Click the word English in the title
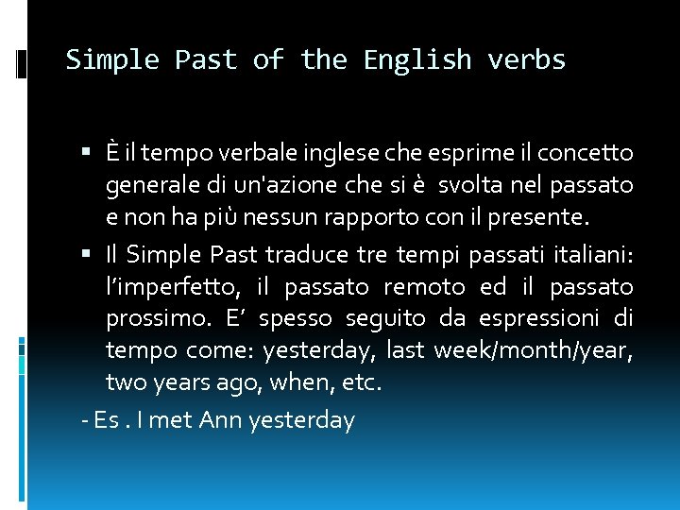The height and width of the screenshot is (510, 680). coord(417,60)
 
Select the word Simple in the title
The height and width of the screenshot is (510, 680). coord(112,60)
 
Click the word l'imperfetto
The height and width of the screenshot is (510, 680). coord(174,286)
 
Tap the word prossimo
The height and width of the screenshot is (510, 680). coord(152,318)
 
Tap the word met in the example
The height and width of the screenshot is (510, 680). coord(170,419)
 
